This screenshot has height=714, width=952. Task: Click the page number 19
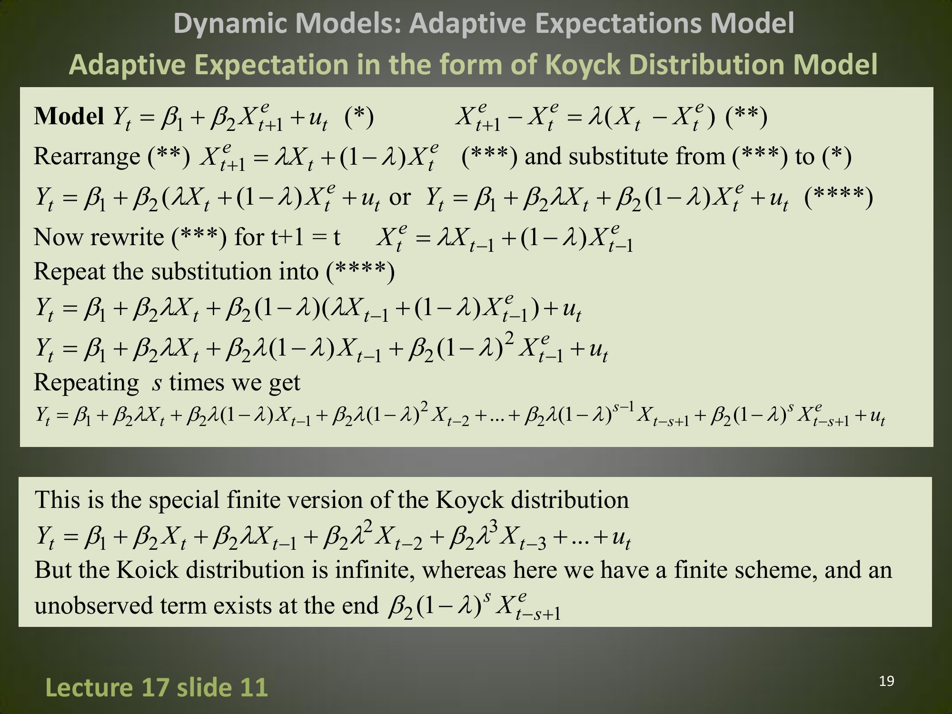(886, 681)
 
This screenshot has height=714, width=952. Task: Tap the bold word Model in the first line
(69, 116)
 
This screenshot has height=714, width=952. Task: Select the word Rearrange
(87, 157)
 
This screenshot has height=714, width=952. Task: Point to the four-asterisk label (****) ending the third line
(838, 197)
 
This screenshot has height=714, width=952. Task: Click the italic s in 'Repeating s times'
(157, 383)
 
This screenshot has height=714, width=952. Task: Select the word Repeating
(86, 383)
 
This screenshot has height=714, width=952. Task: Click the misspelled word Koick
(147, 570)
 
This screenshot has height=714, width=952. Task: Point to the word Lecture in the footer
(89, 687)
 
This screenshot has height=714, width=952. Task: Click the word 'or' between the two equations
(400, 197)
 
